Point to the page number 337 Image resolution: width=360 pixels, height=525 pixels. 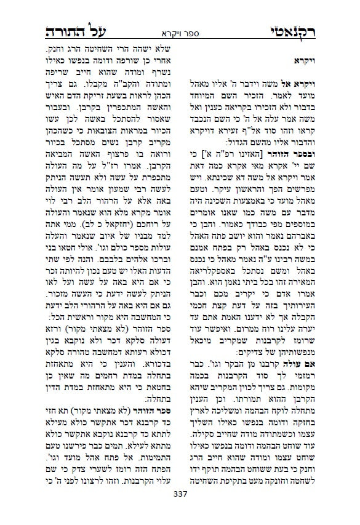click(x=180, y=511)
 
